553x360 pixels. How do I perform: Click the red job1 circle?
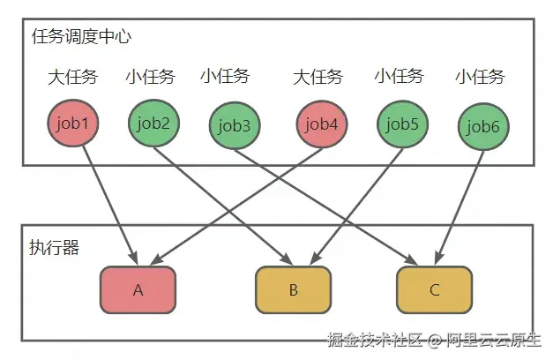coord(72,124)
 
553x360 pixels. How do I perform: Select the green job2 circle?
coord(153,123)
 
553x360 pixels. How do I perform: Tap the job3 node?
coord(234,126)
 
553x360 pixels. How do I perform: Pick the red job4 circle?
coord(320,124)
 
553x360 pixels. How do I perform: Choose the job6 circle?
coord(483,126)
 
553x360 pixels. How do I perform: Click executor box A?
coord(138,289)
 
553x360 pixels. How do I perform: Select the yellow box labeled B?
coord(294,289)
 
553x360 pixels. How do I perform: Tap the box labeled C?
coord(434,289)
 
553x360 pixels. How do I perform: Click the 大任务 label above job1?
coord(72,78)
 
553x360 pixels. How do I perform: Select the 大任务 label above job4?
coord(318,78)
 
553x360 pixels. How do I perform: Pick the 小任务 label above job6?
coord(481,78)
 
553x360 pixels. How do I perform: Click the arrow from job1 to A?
coord(110,203)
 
